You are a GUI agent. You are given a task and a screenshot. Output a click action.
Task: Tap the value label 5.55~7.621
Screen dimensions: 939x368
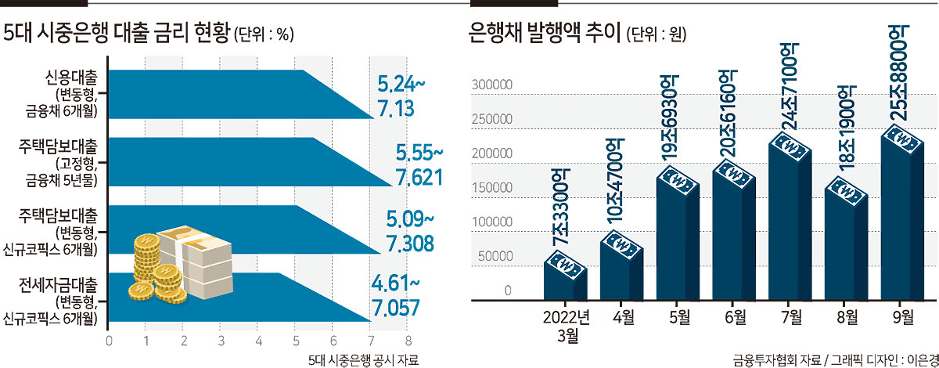pos(419,165)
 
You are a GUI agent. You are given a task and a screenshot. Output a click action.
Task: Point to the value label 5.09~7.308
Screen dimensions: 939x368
pos(410,231)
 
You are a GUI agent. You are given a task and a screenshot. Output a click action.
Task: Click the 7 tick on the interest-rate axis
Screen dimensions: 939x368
pos(371,341)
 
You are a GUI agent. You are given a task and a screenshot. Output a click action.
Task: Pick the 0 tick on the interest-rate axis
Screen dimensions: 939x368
pos(109,341)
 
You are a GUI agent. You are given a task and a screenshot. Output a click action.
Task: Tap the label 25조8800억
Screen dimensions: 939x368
pos(898,73)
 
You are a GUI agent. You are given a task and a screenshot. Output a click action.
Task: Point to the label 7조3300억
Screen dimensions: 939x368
pos(560,207)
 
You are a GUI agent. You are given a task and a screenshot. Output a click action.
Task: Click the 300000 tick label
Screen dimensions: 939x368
pos(492,85)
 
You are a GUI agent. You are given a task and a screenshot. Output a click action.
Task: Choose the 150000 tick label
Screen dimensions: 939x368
pos(492,188)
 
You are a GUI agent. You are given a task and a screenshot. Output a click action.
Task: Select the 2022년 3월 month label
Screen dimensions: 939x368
pos(567,326)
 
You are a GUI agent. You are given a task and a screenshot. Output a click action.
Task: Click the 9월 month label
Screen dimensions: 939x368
pos(903,317)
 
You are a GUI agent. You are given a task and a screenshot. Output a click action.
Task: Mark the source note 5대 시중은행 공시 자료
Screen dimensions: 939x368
pos(363,360)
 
